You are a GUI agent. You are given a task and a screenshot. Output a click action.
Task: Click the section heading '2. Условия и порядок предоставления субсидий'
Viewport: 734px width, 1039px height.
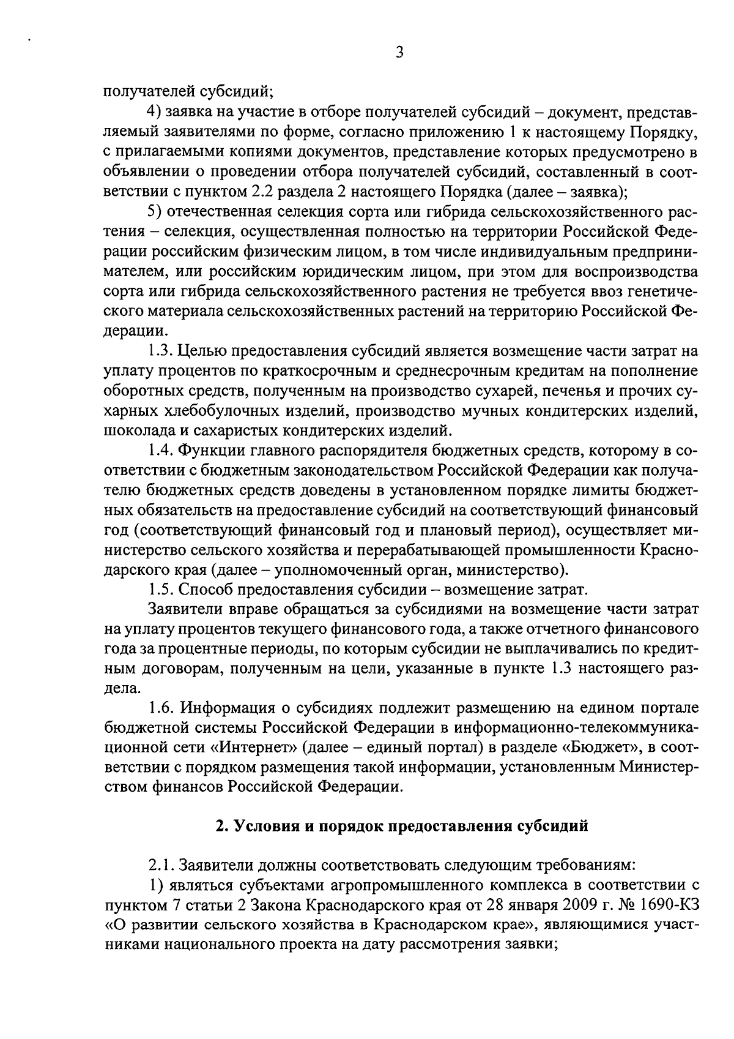402,825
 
